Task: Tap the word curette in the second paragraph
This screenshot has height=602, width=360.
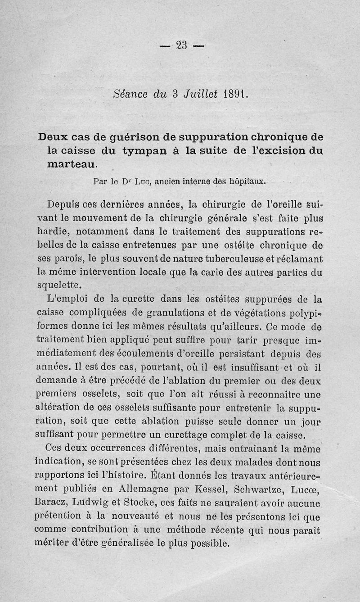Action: [x=123, y=299]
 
